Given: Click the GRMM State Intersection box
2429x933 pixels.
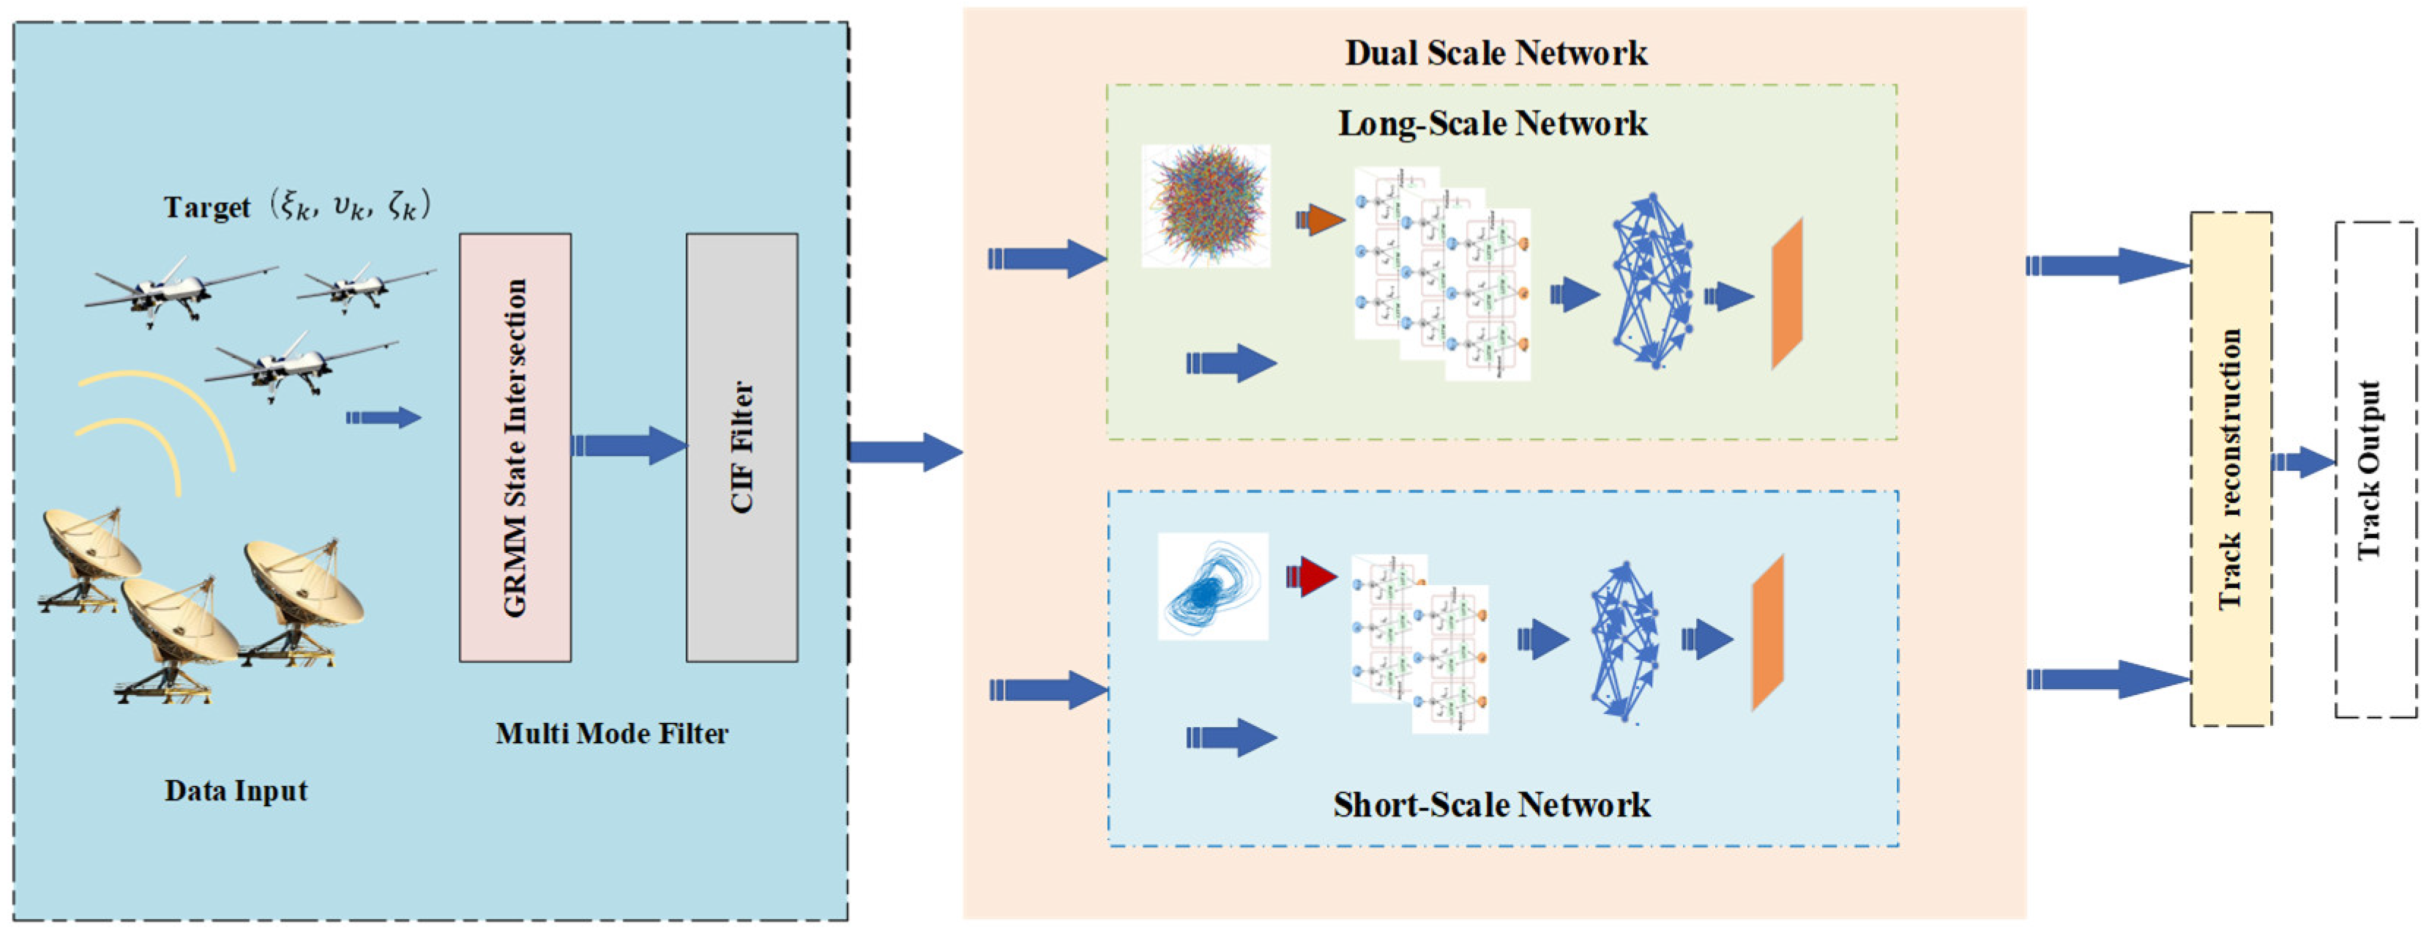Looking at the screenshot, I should pos(515,447).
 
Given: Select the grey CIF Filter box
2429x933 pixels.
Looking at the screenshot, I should pos(741,447).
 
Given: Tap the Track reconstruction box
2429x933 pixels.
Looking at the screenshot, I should pos(2230,469).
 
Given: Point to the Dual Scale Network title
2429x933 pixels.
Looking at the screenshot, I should pos(1496,53).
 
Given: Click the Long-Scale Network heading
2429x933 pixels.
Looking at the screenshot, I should pos(1492,124).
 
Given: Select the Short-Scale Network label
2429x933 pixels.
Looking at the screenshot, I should pos(1492,805).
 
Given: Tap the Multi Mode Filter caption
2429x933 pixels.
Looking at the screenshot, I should pos(612,733).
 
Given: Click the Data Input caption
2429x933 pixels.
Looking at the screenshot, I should pos(236,790).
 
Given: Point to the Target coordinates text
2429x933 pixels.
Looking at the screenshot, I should pos(297,206).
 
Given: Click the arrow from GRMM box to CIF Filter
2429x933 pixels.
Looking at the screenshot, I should pos(629,445).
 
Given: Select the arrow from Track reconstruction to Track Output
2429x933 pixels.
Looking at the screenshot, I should pos(2304,462).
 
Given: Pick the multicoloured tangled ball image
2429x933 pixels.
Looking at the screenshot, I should pos(1206,206).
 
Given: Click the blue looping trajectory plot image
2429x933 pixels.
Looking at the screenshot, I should pos(1212,587).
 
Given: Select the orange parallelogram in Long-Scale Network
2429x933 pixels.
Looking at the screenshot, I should pos(1787,294).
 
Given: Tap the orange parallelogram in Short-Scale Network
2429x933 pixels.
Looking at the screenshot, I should pos(1768,632).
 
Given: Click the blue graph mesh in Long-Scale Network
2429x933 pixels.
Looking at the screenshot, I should pos(1652,280).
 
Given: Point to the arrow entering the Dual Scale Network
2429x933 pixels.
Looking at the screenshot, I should pos(906,452).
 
